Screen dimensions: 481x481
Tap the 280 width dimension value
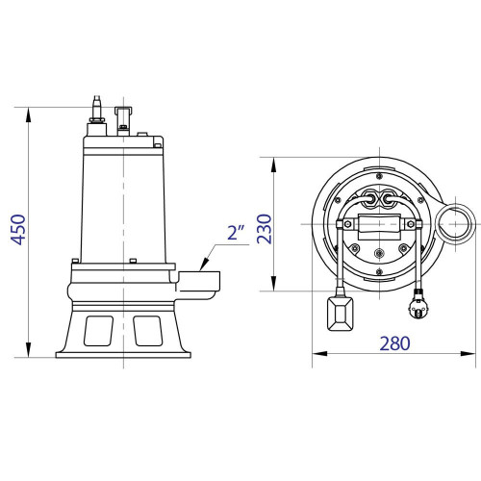click(393, 342)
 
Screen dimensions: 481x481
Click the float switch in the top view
click(340, 309)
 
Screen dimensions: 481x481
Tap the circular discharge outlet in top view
click(452, 224)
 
